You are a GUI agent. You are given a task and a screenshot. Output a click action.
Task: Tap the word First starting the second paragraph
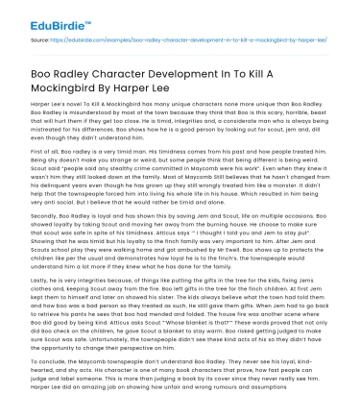[36, 164]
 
